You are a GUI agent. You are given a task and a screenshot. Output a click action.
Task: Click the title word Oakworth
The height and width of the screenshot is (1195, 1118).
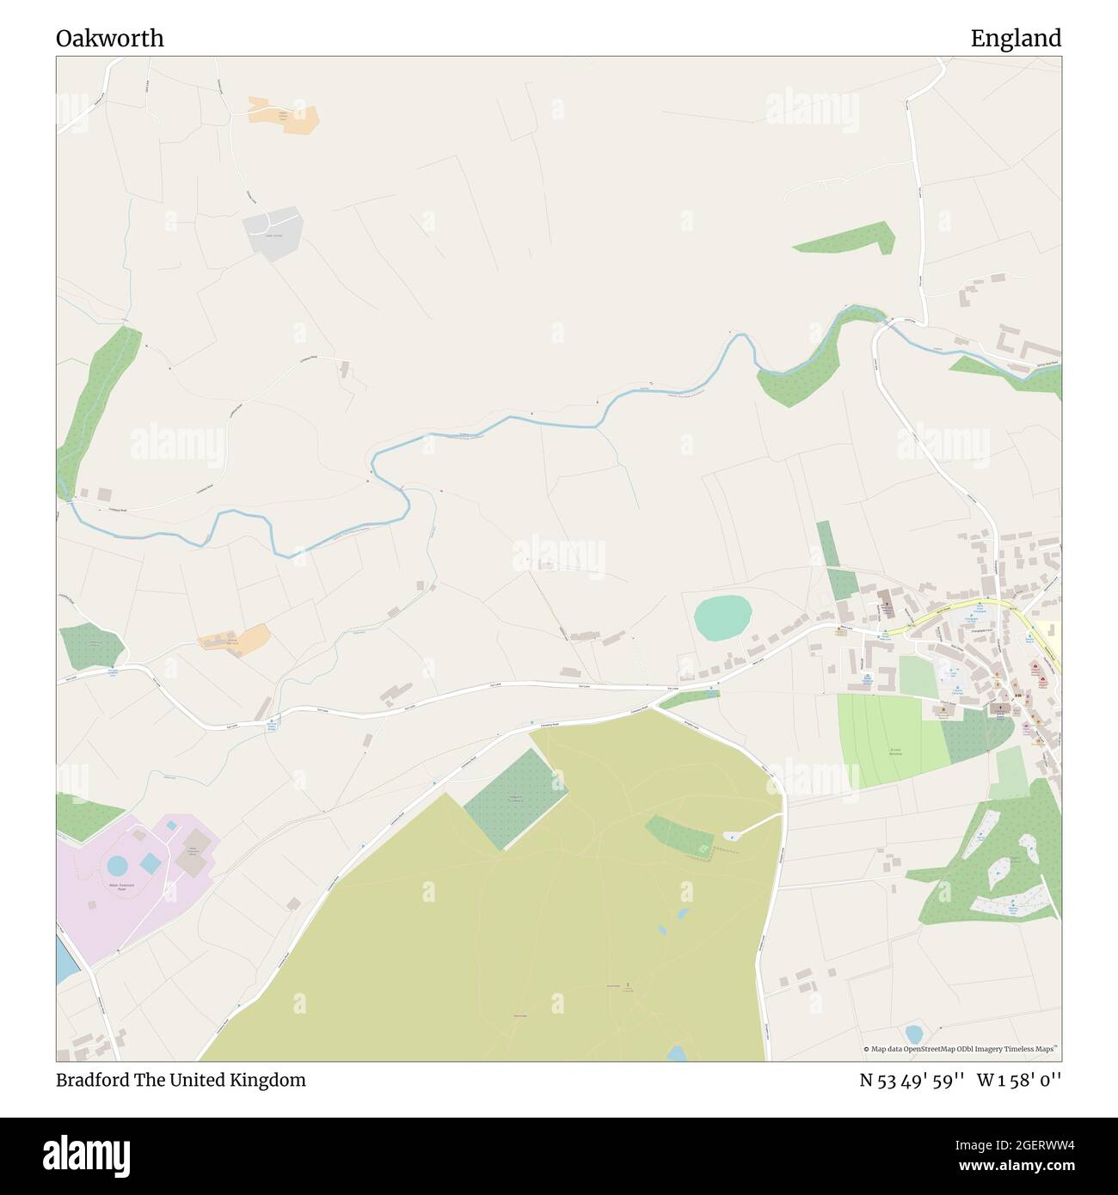pos(110,39)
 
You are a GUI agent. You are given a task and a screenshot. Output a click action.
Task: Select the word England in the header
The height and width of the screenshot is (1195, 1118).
pos(1016,39)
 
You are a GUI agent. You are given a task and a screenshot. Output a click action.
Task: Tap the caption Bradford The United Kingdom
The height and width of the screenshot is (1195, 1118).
pos(181,1080)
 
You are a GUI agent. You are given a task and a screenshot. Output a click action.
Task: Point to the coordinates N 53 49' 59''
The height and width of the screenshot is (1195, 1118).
pos(912,1080)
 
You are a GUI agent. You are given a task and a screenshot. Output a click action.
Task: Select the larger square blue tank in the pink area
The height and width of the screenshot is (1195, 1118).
pos(150,861)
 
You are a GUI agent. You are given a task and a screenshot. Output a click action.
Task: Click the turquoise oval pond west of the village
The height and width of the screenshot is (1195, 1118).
pos(722,616)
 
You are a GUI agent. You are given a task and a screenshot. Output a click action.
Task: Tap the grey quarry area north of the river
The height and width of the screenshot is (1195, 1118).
pos(273,230)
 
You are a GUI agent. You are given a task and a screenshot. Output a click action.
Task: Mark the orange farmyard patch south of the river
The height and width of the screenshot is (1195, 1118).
pos(235,640)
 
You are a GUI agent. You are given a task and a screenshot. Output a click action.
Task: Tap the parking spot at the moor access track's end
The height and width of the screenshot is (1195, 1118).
pos(729,836)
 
